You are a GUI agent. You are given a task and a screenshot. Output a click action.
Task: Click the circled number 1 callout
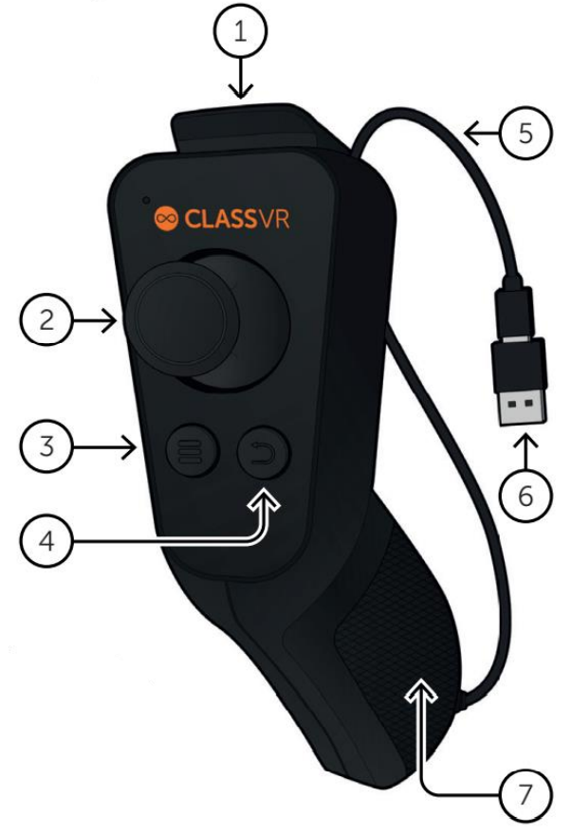tap(240, 31)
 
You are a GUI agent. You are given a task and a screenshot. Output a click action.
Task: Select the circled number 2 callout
tap(46, 319)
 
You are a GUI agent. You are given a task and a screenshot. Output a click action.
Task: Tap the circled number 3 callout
tap(46, 446)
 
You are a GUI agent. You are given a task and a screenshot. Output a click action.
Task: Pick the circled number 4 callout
tap(46, 541)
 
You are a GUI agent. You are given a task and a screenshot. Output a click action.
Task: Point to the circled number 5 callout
tap(526, 133)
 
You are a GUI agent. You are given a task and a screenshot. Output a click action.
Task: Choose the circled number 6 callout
tap(526, 497)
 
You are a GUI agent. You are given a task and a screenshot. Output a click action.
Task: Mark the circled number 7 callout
tap(526, 795)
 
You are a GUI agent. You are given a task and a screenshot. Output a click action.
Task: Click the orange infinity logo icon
tap(166, 218)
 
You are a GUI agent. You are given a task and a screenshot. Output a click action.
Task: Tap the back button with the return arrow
tap(264, 453)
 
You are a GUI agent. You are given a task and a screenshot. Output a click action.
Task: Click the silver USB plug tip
tap(522, 406)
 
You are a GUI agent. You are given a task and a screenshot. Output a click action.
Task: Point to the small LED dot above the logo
tap(146, 200)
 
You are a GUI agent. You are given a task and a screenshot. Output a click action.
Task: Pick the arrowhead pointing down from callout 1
tap(241, 91)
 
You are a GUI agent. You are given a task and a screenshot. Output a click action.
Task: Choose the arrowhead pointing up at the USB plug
tap(526, 442)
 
